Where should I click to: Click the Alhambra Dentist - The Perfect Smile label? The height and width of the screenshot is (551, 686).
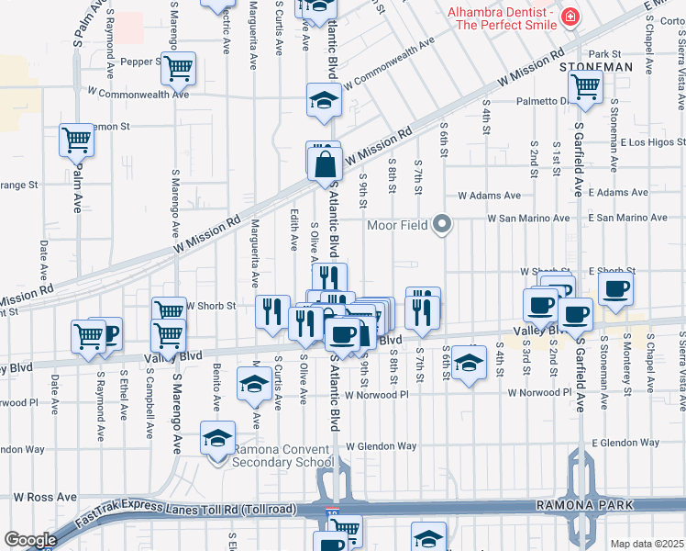click(502, 17)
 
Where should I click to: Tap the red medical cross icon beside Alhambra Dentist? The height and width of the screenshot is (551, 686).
click(570, 17)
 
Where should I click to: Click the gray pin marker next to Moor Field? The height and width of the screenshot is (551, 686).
click(443, 223)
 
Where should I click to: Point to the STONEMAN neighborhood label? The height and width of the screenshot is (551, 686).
click(597, 67)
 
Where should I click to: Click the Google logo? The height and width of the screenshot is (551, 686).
click(30, 540)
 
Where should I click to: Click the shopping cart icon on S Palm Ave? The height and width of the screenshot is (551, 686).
click(77, 141)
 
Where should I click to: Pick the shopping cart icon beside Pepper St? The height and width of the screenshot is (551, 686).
click(180, 67)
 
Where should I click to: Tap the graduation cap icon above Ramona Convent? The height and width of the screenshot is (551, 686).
click(217, 438)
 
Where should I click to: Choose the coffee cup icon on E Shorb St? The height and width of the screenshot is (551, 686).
click(615, 288)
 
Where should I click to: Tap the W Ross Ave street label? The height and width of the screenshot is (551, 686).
click(44, 497)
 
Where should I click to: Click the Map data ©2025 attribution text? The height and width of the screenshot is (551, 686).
click(647, 544)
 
